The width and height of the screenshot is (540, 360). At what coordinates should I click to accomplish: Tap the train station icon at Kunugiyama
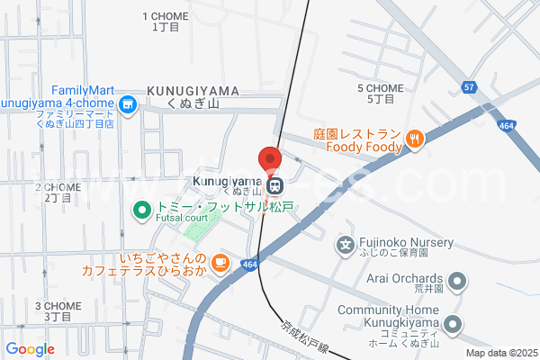click(x=275, y=187)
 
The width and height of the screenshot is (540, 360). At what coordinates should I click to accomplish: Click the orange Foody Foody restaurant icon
click(x=414, y=138)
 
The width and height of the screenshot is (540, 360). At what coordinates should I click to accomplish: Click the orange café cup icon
click(x=220, y=262)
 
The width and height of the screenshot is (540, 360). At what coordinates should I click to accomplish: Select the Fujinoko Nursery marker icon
click(x=344, y=244)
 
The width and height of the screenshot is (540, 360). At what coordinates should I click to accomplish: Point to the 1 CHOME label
click(x=166, y=22)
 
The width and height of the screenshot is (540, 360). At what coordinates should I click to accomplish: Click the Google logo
click(x=30, y=349)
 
